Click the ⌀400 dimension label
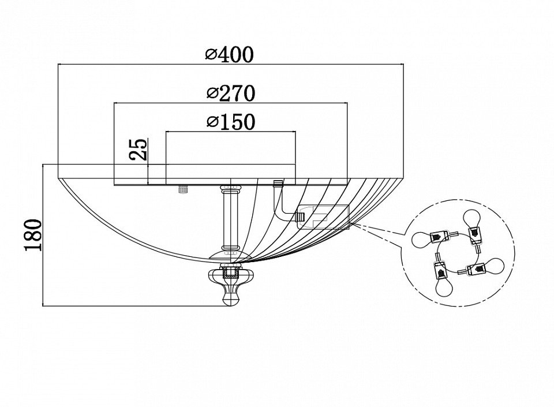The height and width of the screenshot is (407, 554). pyautogui.click(x=229, y=55)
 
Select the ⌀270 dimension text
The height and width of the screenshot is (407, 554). pyautogui.click(x=230, y=93)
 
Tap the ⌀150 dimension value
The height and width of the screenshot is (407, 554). pyautogui.click(x=230, y=122)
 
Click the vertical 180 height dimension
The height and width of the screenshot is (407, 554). pyautogui.click(x=33, y=234)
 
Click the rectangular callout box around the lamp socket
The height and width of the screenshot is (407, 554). pyautogui.click(x=323, y=217)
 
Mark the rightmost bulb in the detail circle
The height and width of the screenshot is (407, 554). pyautogui.click(x=493, y=266)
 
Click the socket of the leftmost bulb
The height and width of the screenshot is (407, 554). pyautogui.click(x=440, y=236)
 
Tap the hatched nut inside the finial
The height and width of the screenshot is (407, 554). pyautogui.click(x=231, y=270)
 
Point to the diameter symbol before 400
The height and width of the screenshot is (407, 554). pyautogui.click(x=211, y=55)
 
